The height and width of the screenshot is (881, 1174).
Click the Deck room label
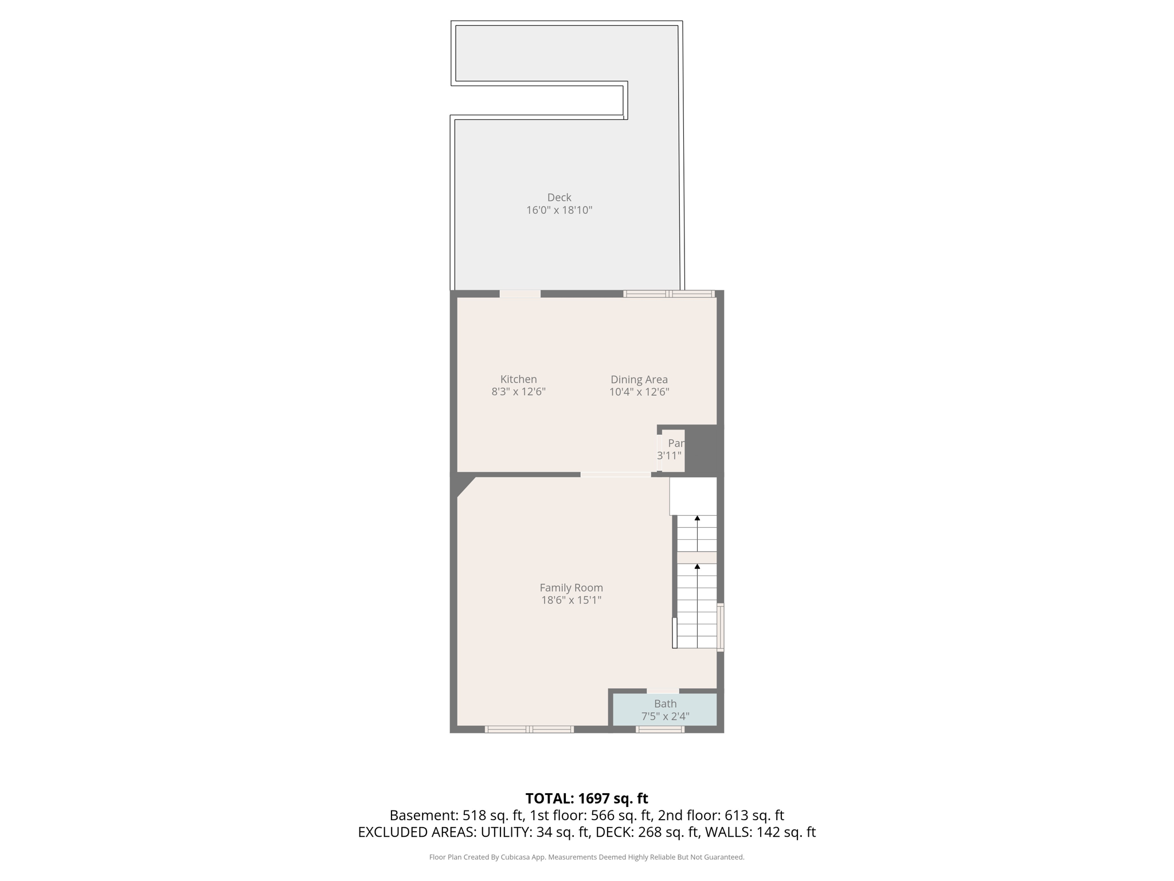tap(559, 197)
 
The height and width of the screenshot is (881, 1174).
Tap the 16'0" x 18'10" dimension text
tap(559, 210)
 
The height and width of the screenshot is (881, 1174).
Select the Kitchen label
tap(518, 379)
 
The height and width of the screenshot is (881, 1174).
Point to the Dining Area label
tap(639, 379)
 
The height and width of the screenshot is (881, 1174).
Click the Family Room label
tap(571, 587)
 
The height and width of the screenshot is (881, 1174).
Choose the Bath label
tap(665, 704)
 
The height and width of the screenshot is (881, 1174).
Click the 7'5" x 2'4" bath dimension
tap(665, 716)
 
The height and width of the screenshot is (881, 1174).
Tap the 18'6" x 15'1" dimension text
tap(571, 600)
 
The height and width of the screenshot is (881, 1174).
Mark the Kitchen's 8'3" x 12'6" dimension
tap(518, 392)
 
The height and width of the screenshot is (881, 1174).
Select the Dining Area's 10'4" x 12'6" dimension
tap(639, 392)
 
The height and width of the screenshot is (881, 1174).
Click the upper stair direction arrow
tap(697, 519)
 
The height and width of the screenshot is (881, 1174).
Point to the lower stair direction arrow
tap(697, 567)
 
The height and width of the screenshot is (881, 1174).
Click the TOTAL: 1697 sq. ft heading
tap(586, 798)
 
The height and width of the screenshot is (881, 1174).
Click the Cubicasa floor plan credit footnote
tap(586, 857)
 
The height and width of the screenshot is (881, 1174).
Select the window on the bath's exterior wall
tap(660, 730)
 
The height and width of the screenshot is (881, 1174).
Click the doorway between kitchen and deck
tap(520, 294)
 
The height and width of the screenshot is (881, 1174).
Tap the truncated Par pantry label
tap(676, 443)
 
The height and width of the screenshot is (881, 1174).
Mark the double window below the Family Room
tap(529, 730)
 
